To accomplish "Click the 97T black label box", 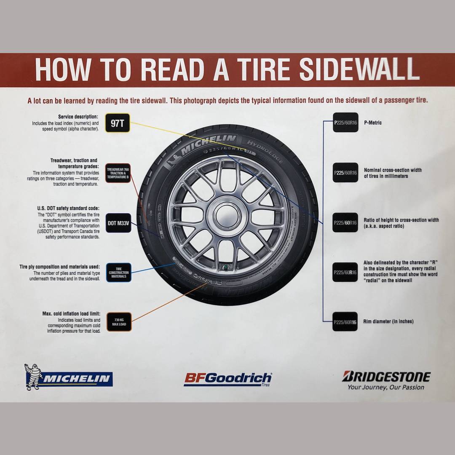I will [x=118, y=123].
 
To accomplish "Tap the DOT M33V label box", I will [x=118, y=223].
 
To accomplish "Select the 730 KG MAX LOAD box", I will [x=118, y=322].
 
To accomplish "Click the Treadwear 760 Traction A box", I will [x=118, y=173].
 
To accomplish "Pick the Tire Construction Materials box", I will [x=118, y=272].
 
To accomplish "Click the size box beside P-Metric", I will [x=345, y=123].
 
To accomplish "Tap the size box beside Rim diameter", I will [x=345, y=322].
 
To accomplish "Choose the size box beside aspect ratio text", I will [x=345, y=222].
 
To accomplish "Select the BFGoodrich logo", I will [x=228, y=378].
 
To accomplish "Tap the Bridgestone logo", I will [x=386, y=376].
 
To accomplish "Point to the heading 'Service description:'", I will [x=78, y=117].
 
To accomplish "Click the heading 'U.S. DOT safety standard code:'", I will [x=68, y=209].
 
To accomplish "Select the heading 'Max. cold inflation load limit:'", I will [x=71, y=314].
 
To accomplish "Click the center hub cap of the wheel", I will [x=227, y=215].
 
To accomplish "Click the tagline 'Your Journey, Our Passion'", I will [x=386, y=387].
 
